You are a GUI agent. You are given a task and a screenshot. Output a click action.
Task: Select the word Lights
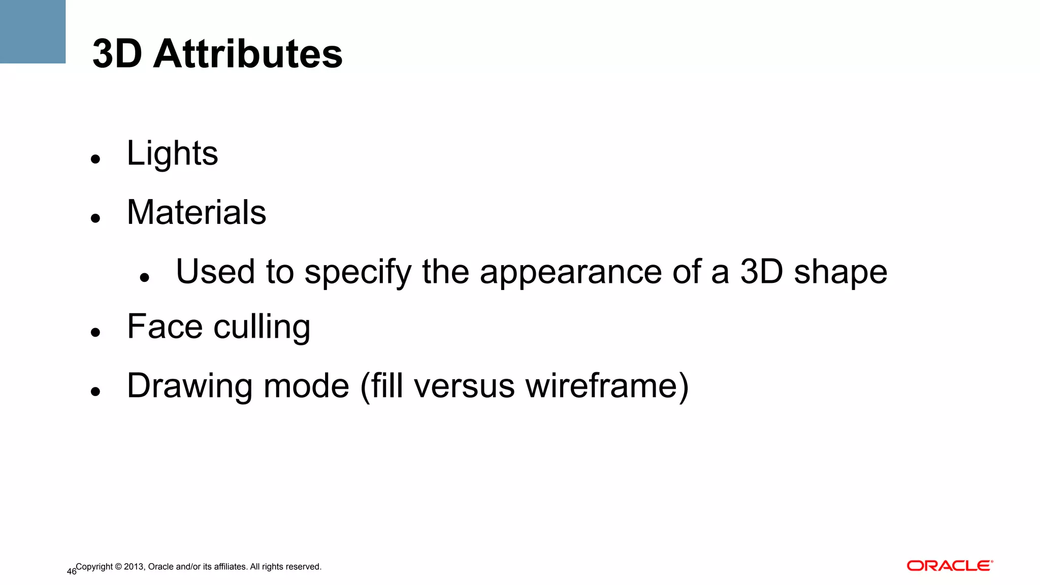pyautogui.click(x=172, y=153)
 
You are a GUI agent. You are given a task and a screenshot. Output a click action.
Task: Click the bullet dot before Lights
pyautogui.click(x=95, y=159)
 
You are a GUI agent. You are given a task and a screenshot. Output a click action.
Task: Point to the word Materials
pyautogui.click(x=197, y=212)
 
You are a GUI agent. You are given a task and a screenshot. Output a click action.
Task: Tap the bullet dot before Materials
pyautogui.click(x=95, y=218)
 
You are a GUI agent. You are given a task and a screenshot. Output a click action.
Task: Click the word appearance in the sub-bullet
pyautogui.click(x=571, y=273)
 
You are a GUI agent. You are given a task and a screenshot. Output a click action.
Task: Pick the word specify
pyautogui.click(x=358, y=273)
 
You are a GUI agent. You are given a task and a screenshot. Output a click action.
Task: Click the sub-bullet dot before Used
pyautogui.click(x=144, y=277)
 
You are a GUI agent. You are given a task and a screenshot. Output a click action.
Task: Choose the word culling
pyautogui.click(x=262, y=328)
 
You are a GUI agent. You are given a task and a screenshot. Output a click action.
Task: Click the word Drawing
pyautogui.click(x=189, y=386)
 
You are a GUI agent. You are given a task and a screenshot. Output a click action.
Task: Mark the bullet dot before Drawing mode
pyautogui.click(x=95, y=392)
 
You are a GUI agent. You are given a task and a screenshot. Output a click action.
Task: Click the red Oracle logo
pyautogui.click(x=950, y=566)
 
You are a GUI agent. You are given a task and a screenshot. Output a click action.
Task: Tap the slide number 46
pyautogui.click(x=71, y=572)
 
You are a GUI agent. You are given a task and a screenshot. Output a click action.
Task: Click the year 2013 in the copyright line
pyautogui.click(x=134, y=567)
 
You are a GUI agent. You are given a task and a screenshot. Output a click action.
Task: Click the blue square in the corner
pyautogui.click(x=32, y=31)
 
